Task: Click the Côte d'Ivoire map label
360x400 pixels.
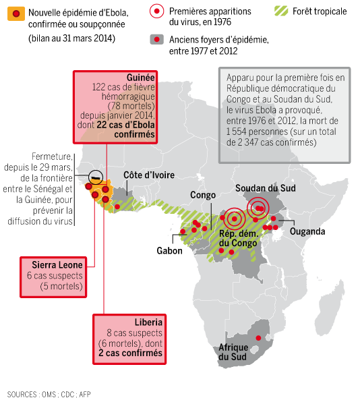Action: [149, 175]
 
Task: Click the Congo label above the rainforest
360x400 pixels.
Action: [203, 196]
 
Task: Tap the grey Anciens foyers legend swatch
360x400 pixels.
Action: [157, 40]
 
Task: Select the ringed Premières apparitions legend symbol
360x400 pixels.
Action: [157, 11]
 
